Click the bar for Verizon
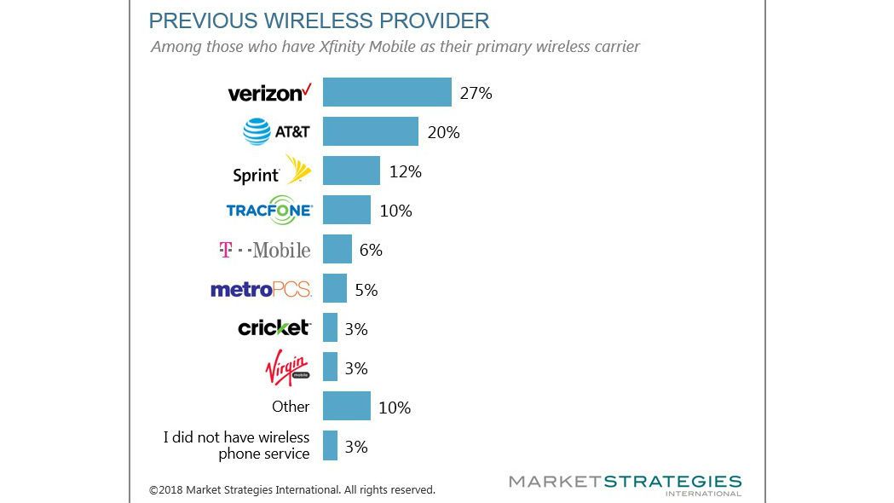[387, 92]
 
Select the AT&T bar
[371, 132]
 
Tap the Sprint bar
[351, 171]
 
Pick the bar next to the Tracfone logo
[347, 210]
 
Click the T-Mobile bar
[337, 249]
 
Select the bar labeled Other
[347, 406]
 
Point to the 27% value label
[476, 93]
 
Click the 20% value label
[443, 132]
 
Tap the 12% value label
[405, 171]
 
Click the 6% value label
[371, 250]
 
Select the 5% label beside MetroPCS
[366, 290]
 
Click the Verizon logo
[270, 92]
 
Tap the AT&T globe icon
[257, 132]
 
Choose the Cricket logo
[274, 328]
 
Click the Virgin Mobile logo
[288, 368]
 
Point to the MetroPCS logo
[261, 290]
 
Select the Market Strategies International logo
[625, 485]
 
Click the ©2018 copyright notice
[292, 490]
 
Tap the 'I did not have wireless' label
[236, 437]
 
